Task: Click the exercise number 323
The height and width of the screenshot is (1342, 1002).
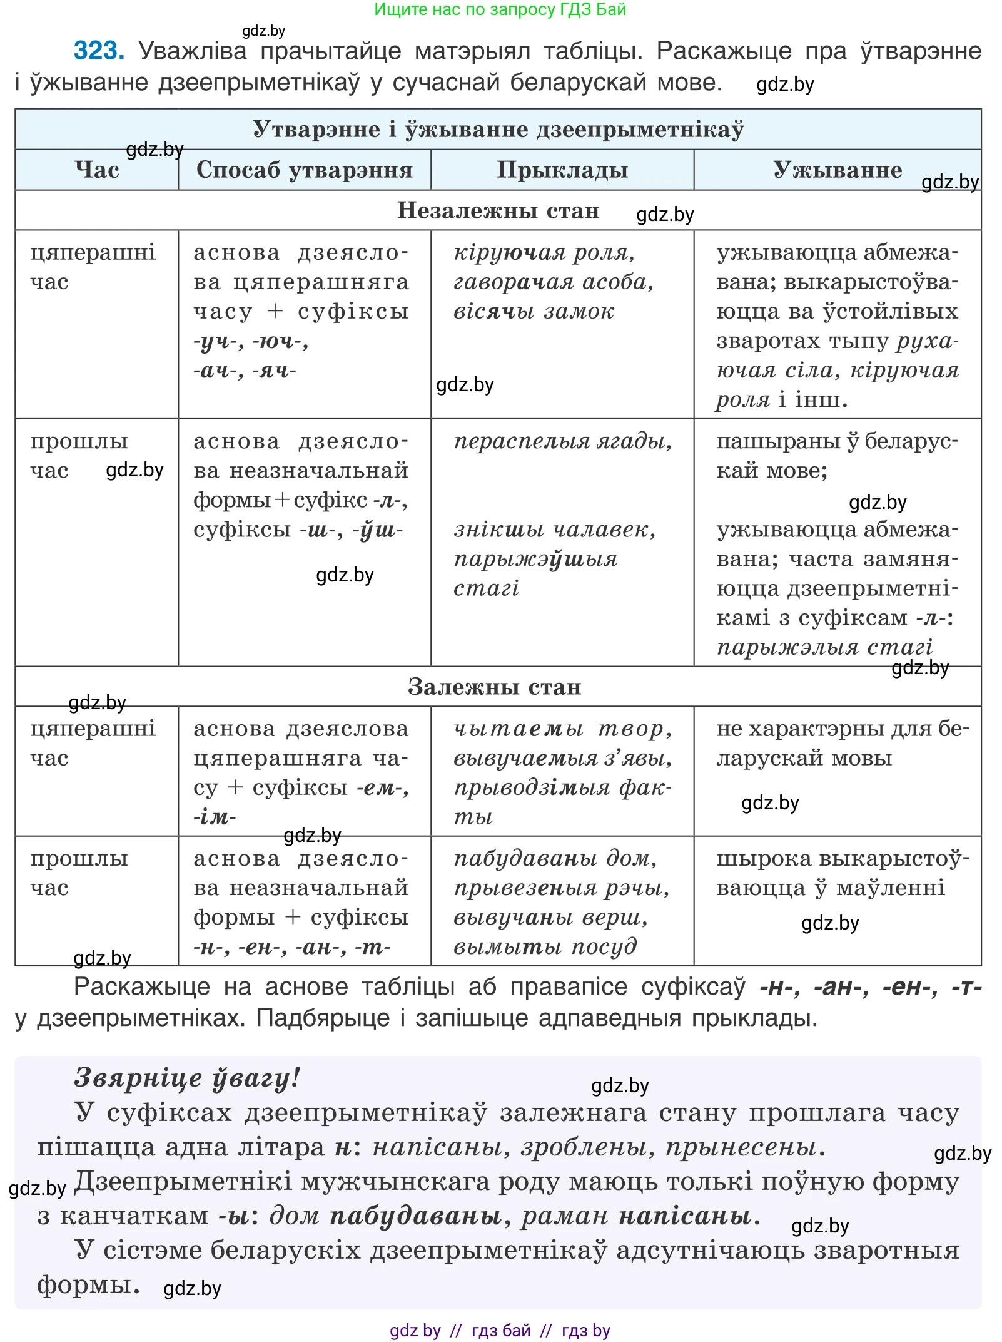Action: point(99,51)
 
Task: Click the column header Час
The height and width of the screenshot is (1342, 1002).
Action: point(97,170)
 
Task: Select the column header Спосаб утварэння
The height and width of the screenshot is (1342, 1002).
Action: point(305,170)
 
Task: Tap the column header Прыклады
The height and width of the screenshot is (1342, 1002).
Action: point(562,170)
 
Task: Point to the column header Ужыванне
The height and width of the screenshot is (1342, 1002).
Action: point(837,170)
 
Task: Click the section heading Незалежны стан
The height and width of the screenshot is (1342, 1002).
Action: point(498,210)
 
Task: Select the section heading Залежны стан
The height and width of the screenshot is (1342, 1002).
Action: point(495,687)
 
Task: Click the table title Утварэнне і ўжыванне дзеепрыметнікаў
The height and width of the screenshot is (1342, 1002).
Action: point(498,129)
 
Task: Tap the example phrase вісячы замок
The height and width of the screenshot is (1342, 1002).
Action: point(534,311)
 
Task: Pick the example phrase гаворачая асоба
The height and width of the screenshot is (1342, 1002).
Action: point(554,282)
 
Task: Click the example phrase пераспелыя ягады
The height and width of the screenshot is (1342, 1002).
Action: point(563,441)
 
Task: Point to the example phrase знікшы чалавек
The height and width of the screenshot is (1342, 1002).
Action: point(555,530)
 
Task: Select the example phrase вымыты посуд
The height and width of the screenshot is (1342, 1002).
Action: point(545,946)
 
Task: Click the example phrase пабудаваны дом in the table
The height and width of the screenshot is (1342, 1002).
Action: point(555,859)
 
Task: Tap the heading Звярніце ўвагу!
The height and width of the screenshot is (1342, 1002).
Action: point(187,1078)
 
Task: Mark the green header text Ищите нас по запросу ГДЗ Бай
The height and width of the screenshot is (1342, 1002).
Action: point(500,9)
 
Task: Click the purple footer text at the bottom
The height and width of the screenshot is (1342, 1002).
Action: point(500,1330)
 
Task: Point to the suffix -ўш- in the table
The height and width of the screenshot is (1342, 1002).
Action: point(378,530)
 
